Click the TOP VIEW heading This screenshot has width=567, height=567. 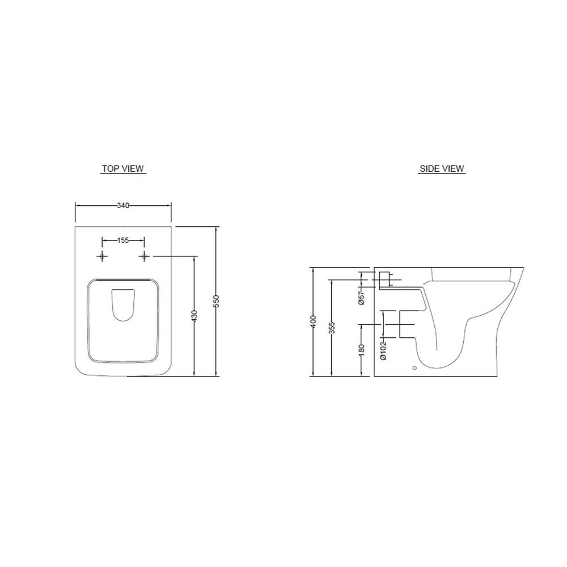click(x=123, y=168)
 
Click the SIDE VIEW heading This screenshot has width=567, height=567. click(x=442, y=168)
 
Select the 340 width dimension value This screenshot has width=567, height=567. click(x=123, y=205)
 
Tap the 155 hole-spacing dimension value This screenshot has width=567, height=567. click(x=123, y=240)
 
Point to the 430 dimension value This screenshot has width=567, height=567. click(x=194, y=316)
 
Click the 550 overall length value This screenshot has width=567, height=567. click(x=216, y=301)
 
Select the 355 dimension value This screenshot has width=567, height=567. click(x=332, y=328)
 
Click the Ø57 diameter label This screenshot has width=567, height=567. click(x=361, y=297)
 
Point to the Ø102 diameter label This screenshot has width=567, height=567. click(x=383, y=350)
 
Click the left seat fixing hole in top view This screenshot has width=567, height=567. click(x=102, y=257)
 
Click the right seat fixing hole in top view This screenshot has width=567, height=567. click(x=145, y=257)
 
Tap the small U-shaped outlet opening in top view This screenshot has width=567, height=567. click(x=123, y=305)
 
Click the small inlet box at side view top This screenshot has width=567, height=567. click(x=384, y=280)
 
